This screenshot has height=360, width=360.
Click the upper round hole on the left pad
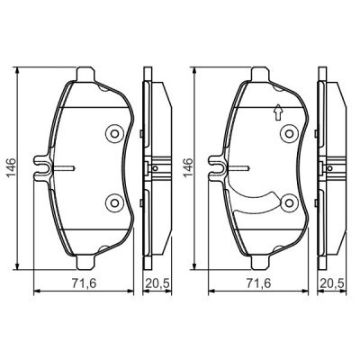click(114, 134)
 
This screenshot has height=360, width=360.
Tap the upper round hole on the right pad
click(289, 134)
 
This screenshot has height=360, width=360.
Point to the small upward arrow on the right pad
click(277, 112)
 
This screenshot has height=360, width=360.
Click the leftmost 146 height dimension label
click(12, 167)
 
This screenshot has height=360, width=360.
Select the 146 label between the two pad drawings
click(185, 167)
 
